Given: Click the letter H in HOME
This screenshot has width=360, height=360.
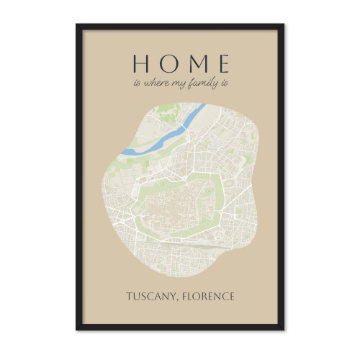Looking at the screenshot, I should pos(140,63).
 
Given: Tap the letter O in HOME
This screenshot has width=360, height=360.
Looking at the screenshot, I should pos(166,63).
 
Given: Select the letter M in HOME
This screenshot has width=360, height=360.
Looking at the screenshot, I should pos(194,63).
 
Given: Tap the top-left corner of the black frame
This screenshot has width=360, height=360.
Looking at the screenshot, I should pos(77,25).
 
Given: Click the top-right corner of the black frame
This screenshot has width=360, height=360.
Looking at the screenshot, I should pos(283,25).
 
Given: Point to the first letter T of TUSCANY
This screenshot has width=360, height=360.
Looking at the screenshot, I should pos(129,297).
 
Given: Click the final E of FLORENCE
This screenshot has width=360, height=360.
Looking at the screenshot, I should pos(231,297).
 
